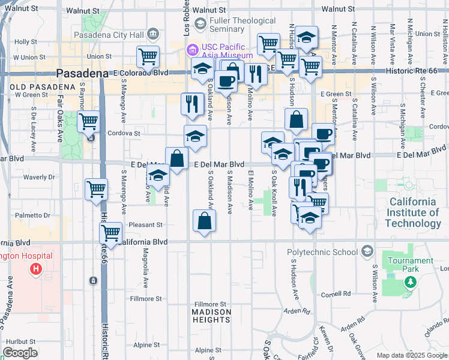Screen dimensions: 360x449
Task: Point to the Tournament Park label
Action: (410, 265)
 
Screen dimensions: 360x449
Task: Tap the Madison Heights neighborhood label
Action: (211, 316)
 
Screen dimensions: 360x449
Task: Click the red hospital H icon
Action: (35, 268)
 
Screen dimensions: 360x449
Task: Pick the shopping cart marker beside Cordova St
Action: (88, 121)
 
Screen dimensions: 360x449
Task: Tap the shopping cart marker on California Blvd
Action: (110, 233)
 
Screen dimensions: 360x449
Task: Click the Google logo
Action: (20, 353)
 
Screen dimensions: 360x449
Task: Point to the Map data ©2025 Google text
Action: (412, 355)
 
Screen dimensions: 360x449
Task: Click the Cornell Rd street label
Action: (336, 294)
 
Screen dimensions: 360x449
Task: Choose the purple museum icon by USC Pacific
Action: (192, 49)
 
